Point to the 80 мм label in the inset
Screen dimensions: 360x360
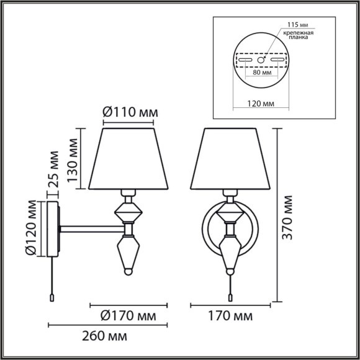pos(261,73)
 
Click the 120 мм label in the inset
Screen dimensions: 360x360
pos(261,102)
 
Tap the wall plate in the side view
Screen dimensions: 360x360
pos(53,228)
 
